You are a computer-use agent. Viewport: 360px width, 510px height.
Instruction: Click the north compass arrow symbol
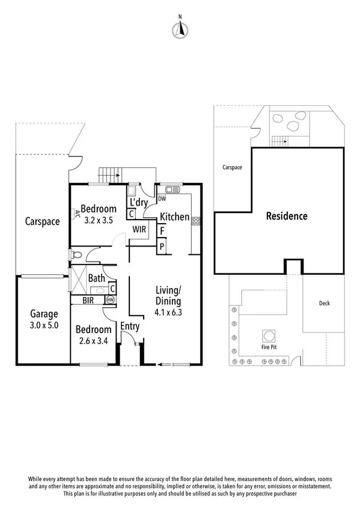tap(179, 28)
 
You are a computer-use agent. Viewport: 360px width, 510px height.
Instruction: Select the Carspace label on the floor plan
tap(42, 221)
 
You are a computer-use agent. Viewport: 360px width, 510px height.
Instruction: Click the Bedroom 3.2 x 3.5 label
tap(99, 215)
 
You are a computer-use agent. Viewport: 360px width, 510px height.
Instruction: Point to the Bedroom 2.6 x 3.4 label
tap(93, 335)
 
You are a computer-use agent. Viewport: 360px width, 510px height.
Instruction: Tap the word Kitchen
tap(174, 217)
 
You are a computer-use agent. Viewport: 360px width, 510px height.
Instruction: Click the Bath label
tap(97, 279)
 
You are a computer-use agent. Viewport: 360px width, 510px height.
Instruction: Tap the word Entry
tap(130, 327)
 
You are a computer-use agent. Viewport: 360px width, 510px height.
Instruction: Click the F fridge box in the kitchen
tap(162, 231)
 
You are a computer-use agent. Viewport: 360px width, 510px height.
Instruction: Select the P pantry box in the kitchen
tap(162, 247)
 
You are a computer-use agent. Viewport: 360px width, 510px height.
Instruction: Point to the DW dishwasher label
tap(162, 198)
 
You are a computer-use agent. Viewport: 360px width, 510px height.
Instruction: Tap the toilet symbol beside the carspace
tap(74, 256)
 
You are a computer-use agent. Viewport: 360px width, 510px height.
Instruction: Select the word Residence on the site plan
tap(287, 216)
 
